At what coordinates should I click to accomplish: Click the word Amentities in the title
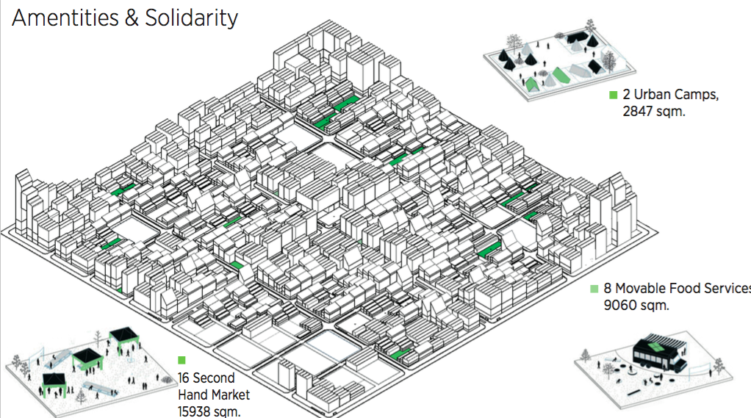tap(65, 18)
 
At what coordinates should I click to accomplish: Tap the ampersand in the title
tap(132, 18)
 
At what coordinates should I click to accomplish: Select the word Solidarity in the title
tap(192, 19)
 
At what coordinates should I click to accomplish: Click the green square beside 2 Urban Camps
tap(613, 95)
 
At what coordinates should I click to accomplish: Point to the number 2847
tap(638, 111)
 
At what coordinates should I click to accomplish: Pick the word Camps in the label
tap(697, 96)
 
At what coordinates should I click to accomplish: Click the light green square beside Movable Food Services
tap(594, 289)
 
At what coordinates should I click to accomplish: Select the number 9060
tap(619, 305)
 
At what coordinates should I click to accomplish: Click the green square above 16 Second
tap(182, 360)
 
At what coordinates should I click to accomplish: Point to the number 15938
tap(193, 411)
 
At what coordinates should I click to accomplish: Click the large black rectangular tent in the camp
tap(576, 37)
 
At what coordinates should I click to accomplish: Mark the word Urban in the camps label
tap(652, 94)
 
